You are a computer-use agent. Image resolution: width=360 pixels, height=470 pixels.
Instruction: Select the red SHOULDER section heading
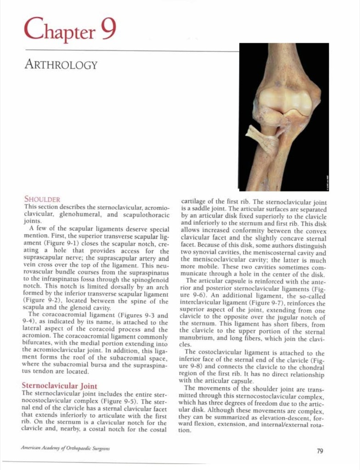coord(42,199)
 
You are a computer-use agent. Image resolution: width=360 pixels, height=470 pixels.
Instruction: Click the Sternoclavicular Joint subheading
coord(59,386)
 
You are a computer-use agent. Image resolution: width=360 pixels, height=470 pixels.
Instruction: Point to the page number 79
coord(320,451)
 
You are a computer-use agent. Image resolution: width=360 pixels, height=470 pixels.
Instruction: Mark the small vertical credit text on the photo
coord(324,184)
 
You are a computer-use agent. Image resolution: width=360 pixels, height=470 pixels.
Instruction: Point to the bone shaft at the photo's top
coord(284,60)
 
